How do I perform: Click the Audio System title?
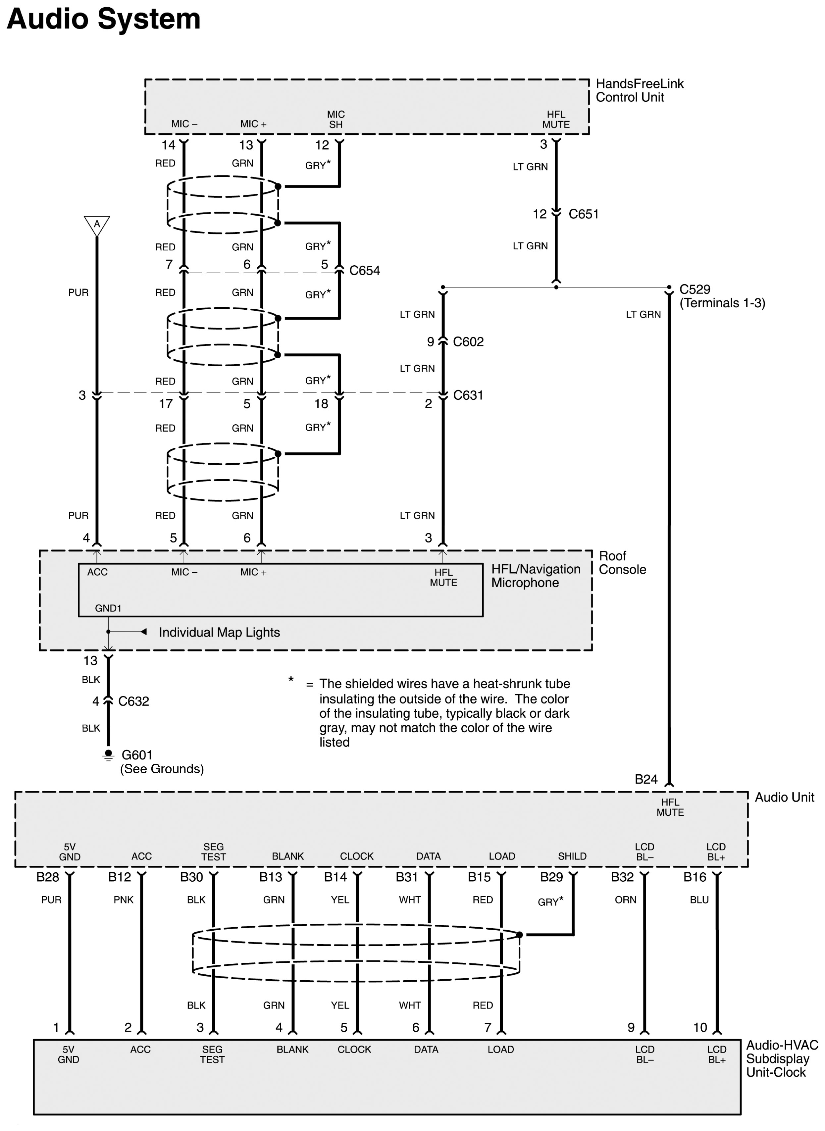click(x=103, y=20)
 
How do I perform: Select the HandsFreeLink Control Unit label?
click(x=639, y=90)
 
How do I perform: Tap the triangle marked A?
click(x=97, y=225)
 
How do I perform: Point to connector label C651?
click(x=583, y=214)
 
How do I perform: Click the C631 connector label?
click(x=468, y=395)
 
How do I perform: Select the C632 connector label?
click(x=133, y=701)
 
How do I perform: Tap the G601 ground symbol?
click(x=108, y=755)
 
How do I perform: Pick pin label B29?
click(x=551, y=877)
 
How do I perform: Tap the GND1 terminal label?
click(x=108, y=608)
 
